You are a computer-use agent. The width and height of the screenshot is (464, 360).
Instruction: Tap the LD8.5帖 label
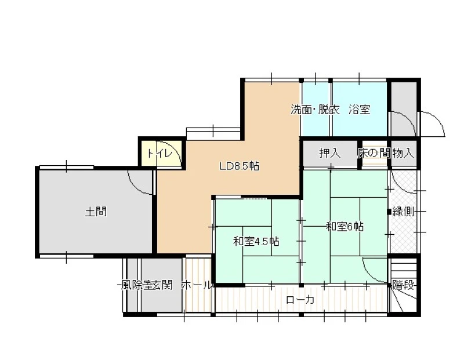[239, 166]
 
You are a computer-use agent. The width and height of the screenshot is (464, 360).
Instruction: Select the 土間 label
[96, 212]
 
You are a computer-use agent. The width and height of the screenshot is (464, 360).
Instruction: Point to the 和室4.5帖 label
[256, 242]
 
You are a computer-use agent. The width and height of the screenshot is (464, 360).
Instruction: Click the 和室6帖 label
[345, 227]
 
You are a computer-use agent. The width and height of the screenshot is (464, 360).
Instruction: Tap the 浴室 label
[359, 110]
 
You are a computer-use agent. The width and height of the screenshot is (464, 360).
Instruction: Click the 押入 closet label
[329, 153]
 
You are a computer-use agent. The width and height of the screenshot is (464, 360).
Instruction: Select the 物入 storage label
[403, 153]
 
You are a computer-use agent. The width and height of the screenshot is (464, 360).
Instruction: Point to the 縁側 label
[403, 212]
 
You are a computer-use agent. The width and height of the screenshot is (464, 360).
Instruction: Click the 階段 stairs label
[403, 285]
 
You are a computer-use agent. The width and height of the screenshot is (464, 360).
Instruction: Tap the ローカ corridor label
[300, 300]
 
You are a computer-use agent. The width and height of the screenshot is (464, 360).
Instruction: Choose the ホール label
[197, 285]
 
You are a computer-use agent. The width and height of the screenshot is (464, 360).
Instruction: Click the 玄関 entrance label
[162, 285]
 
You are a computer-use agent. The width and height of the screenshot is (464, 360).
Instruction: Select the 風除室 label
[136, 285]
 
